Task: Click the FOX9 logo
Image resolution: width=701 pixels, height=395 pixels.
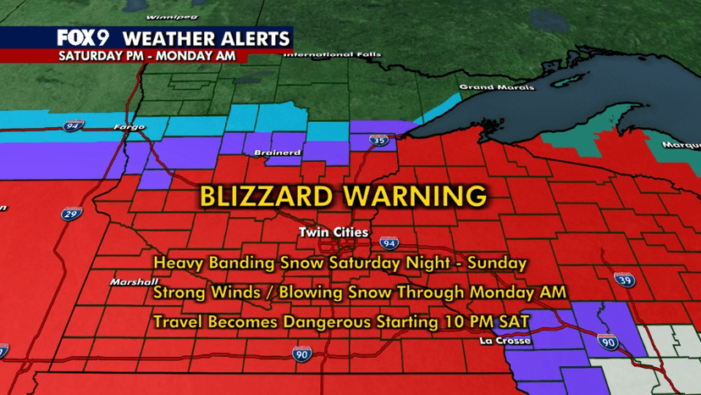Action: pyautogui.click(x=84, y=38)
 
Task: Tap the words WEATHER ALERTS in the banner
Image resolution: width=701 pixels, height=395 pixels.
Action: pyautogui.click(x=207, y=38)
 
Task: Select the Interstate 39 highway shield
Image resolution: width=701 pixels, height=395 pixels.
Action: pyautogui.click(x=602, y=281)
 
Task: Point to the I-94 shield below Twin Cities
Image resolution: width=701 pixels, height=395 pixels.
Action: pyautogui.click(x=386, y=243)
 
